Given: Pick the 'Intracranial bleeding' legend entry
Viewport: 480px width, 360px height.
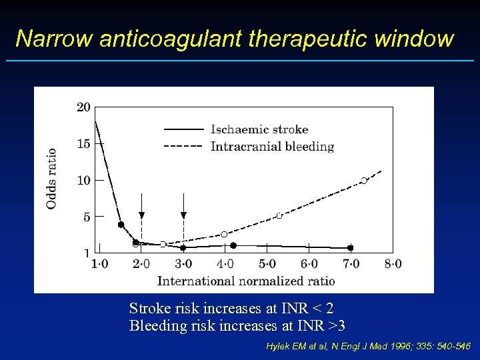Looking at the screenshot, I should click(272, 146).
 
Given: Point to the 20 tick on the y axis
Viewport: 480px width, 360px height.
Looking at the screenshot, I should click(84, 107).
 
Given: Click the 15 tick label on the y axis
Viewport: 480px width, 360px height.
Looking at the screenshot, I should click(84, 143).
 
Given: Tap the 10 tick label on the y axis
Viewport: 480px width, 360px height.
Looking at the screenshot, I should click(84, 180).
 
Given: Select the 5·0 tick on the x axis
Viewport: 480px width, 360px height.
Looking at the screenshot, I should click(267, 264).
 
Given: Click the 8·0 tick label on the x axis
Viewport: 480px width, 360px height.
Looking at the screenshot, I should click(393, 264).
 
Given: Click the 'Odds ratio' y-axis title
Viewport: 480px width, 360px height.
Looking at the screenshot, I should click(51, 178).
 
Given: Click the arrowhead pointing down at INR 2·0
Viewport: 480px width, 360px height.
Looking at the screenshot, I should click(141, 215).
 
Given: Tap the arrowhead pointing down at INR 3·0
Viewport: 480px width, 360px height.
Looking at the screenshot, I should click(183, 215).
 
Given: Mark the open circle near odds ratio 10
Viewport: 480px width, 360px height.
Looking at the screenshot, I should click(364, 181).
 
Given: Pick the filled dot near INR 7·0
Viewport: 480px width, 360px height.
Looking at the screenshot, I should click(350, 248).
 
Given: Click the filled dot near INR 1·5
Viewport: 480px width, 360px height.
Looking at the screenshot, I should click(121, 225).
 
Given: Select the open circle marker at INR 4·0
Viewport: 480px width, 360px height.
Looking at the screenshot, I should click(224, 234).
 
